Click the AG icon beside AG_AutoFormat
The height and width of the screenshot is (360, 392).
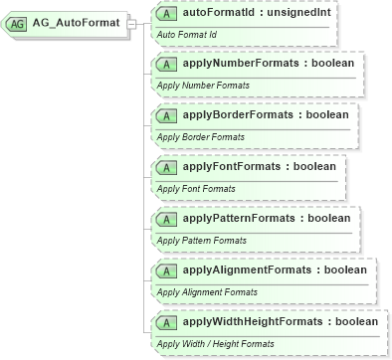click(19, 22)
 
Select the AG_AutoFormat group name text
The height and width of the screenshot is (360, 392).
click(75, 22)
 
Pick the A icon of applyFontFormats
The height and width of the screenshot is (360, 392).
click(168, 167)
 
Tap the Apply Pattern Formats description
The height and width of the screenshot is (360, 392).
click(202, 241)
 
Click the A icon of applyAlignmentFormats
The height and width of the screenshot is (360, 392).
click(168, 270)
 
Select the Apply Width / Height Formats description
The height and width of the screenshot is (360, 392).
click(216, 344)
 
